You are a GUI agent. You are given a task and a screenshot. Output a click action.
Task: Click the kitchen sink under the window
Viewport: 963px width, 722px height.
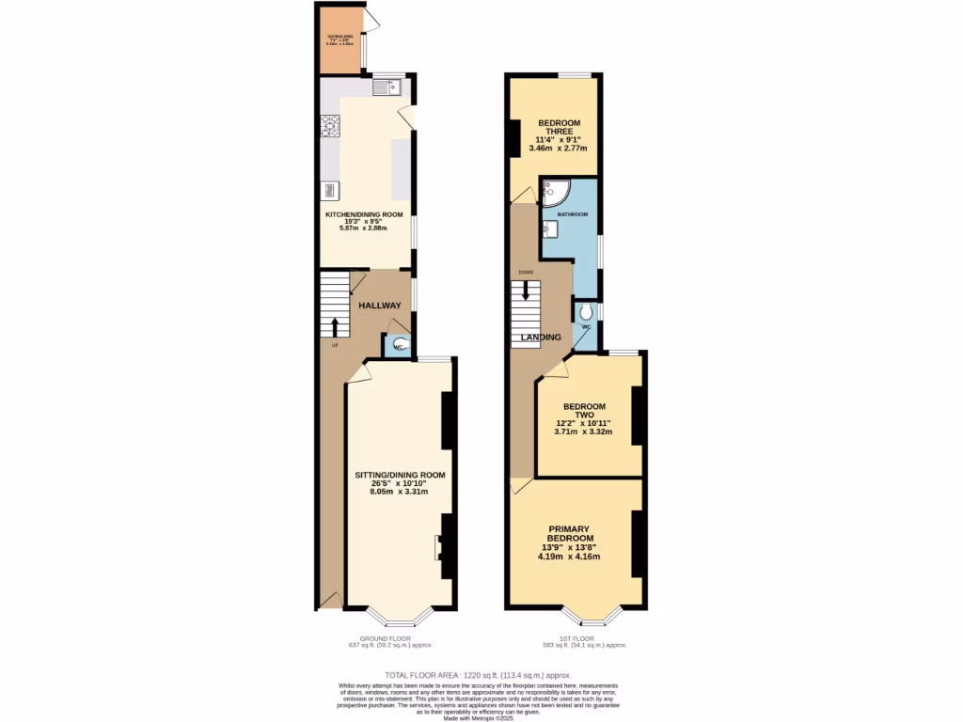[387, 87]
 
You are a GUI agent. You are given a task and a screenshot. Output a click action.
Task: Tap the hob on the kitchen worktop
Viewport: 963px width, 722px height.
[330, 125]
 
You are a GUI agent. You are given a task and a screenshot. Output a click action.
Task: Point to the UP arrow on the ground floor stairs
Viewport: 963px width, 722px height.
[334, 326]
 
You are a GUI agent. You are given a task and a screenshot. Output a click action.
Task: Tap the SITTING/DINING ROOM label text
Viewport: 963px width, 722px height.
[400, 475]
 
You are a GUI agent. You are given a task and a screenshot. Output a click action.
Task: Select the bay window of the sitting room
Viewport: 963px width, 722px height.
[399, 616]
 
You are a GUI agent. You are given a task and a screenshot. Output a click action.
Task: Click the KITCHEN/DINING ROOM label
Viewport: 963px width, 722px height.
[364, 214]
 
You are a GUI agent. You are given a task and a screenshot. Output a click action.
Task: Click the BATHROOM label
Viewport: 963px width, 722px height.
[573, 214]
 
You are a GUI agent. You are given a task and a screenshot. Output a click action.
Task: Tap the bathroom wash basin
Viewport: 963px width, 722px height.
[549, 228]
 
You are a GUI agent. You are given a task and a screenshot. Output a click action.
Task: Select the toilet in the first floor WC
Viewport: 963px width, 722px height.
[587, 311]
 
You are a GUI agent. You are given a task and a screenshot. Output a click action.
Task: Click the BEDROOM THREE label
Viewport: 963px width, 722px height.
[559, 128]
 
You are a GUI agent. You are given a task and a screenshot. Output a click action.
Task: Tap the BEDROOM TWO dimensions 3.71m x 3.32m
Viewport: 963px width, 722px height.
[583, 432]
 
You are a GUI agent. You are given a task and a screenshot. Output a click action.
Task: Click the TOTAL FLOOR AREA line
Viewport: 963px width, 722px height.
[480, 676]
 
